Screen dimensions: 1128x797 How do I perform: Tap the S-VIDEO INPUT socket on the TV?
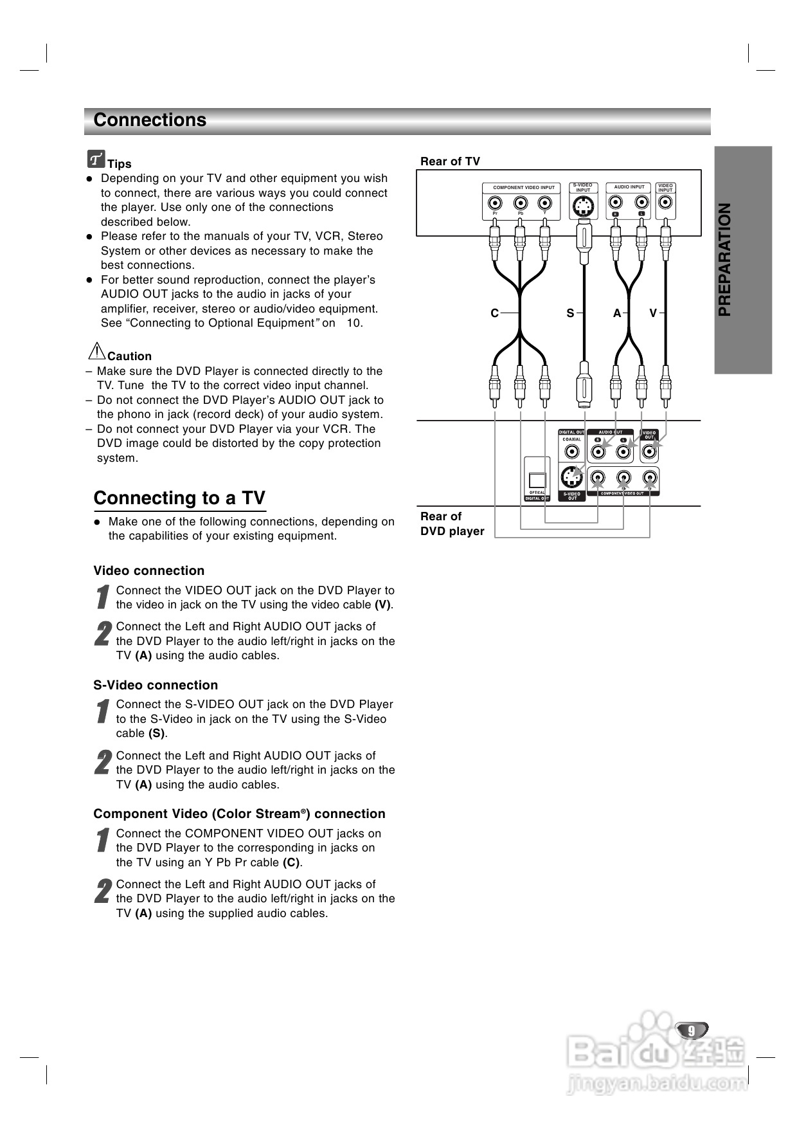583,206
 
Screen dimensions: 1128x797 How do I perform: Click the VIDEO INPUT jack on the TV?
665,203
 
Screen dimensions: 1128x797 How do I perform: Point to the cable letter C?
495,313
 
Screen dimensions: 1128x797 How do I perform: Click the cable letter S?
570,313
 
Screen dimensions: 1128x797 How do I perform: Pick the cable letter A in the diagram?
617,313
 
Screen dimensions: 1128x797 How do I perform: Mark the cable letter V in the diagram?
653,313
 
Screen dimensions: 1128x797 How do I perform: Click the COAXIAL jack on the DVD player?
571,451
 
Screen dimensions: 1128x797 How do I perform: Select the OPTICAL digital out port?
537,480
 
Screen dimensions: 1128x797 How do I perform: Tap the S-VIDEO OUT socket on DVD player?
571,477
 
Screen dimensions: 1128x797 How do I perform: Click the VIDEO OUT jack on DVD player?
650,451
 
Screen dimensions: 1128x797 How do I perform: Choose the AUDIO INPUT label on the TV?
629,187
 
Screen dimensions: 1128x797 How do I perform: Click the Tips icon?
96,158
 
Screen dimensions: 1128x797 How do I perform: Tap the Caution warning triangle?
96,351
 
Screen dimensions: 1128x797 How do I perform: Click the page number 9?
692,1030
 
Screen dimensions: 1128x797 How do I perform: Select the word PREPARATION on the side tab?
725,260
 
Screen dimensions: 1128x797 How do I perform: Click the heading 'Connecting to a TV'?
179,498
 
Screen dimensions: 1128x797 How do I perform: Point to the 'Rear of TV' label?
450,161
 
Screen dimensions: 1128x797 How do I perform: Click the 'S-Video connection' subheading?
156,685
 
